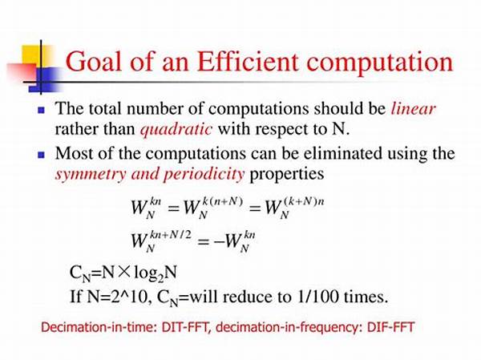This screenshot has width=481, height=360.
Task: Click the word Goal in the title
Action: coord(94,62)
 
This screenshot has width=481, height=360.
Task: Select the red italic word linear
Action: coord(413,109)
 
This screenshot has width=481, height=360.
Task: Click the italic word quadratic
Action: coord(176,130)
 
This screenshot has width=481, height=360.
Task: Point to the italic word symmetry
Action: coord(91,174)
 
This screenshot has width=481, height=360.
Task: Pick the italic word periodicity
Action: coord(204,174)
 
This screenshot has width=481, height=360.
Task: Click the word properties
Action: coord(287,175)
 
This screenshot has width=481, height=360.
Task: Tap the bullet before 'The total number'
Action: coord(41,110)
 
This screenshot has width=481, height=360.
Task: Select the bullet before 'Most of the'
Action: coord(41,155)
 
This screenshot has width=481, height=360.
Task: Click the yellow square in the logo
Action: coord(36,55)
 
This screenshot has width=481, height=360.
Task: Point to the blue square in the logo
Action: coord(45,79)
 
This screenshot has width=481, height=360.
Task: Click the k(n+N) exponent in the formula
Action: coord(223,202)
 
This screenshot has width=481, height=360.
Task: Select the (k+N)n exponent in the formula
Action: coord(304,202)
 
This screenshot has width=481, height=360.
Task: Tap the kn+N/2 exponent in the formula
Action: coord(170,236)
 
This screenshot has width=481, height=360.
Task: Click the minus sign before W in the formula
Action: coord(219,242)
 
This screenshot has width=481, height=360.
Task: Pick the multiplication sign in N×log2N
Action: coord(123,272)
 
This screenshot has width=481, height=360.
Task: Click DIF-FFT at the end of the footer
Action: coord(390,327)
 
